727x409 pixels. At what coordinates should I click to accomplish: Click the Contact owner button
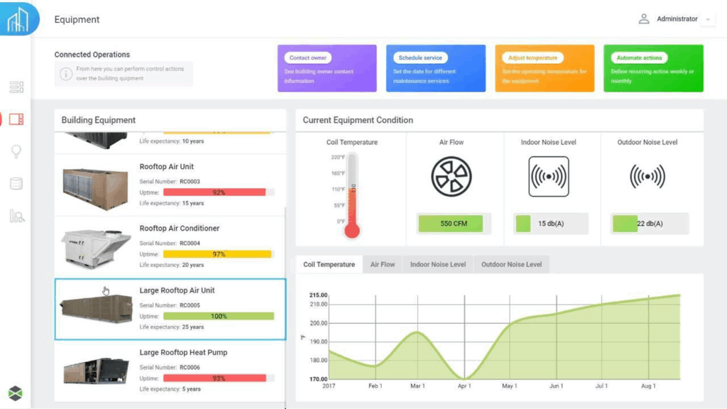(x=307, y=58)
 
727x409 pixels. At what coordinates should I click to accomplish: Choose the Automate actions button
(x=639, y=58)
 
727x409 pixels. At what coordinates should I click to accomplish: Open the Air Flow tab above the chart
(x=383, y=265)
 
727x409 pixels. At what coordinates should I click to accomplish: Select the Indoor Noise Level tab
(x=438, y=265)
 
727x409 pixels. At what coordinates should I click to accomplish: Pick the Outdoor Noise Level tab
(x=511, y=265)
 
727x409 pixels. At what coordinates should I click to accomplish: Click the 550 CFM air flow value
(x=451, y=224)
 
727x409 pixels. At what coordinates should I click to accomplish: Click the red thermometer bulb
(x=352, y=230)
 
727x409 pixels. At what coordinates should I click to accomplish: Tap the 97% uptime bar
(x=217, y=254)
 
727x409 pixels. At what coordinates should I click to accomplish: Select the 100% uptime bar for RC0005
(x=218, y=316)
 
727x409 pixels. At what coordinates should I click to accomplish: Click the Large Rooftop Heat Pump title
(x=183, y=352)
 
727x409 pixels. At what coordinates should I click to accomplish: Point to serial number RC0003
(x=190, y=182)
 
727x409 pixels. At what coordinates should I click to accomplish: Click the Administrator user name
(x=677, y=19)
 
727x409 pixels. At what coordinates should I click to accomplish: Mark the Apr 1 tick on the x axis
(x=464, y=386)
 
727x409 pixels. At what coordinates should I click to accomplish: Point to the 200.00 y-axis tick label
(x=319, y=323)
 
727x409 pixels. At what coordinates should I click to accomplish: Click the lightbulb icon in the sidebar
(x=16, y=151)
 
